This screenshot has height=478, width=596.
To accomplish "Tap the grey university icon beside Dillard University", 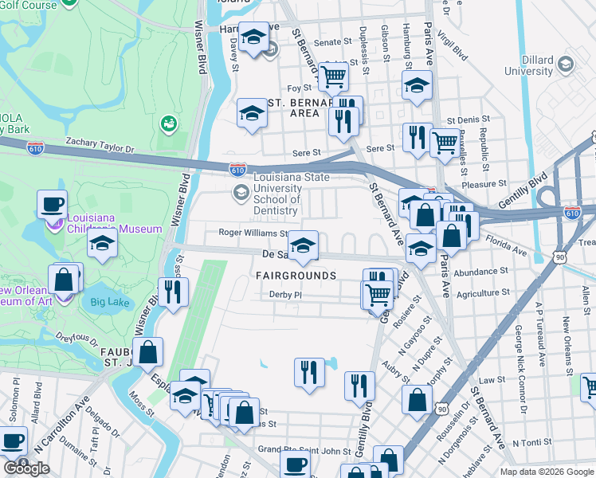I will pos(565,63).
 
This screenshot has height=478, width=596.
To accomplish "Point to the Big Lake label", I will pos(108,302).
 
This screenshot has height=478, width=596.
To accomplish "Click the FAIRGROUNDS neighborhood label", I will pos(295,275).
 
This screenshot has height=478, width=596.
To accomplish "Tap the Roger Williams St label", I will pos(253,233).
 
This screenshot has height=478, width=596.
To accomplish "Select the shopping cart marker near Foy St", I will pos(334,76).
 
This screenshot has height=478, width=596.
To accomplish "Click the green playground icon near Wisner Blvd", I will pos(168,123).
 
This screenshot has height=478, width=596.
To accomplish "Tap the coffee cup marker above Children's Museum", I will pos(52,204).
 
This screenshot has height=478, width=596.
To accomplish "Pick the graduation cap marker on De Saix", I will pos(303,245).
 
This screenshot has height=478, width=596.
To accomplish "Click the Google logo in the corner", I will pos(26,468).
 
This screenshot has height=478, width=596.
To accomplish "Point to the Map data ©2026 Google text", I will pos(546,472).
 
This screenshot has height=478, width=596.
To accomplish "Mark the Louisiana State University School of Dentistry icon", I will pos(240,192).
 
